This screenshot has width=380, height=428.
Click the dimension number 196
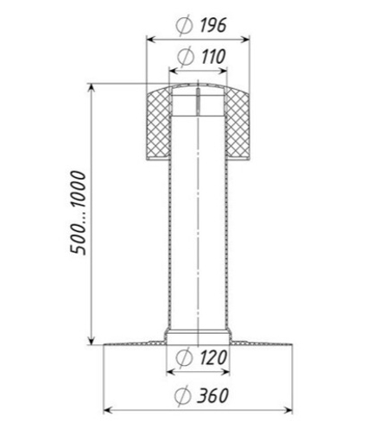[x=212, y=25]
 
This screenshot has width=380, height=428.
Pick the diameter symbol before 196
[x=182, y=26]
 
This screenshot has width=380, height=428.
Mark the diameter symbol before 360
[x=182, y=397]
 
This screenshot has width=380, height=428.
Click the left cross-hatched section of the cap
[x=156, y=123]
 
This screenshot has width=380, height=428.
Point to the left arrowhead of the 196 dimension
[x=148, y=39]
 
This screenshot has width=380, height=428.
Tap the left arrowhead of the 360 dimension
[x=107, y=410]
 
